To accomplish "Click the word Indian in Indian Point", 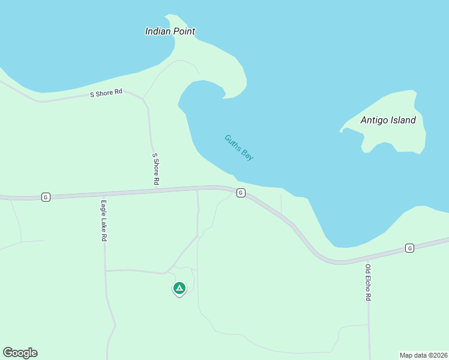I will (x=158, y=31).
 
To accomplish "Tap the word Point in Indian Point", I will (x=183, y=31).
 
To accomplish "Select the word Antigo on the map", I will (x=375, y=120).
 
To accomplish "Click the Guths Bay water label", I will (x=239, y=147).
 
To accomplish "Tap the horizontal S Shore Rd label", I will (x=106, y=93).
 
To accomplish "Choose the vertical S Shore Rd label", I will (x=155, y=169).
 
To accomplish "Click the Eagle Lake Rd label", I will (x=104, y=220).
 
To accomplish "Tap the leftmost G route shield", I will (x=46, y=197).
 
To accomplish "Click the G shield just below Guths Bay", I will (x=240, y=193).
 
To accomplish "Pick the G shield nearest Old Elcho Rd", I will (x=409, y=248).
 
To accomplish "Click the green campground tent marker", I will (x=179, y=289).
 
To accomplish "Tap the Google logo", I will (x=20, y=353).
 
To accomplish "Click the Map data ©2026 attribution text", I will (x=423, y=355).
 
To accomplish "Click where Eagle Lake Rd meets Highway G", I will (x=103, y=194).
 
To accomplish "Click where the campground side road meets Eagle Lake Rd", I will (x=106, y=271).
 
